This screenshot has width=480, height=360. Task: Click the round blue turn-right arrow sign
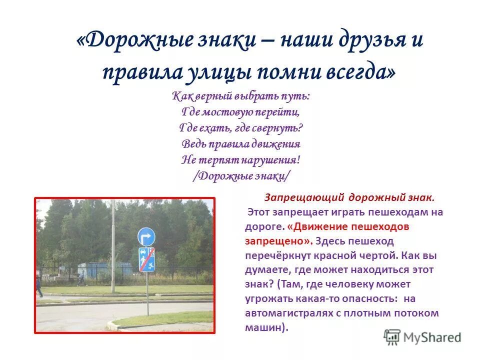click(x=146, y=236)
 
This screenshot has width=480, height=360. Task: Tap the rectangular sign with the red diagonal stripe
click(x=146, y=259)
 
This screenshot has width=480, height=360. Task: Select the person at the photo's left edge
click(x=39, y=286)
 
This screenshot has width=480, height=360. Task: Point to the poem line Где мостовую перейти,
click(x=240, y=112)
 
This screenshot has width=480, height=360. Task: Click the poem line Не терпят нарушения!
click(x=240, y=160)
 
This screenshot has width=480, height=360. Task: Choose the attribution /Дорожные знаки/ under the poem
click(x=240, y=176)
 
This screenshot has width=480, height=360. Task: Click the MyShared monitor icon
click(x=392, y=337)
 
